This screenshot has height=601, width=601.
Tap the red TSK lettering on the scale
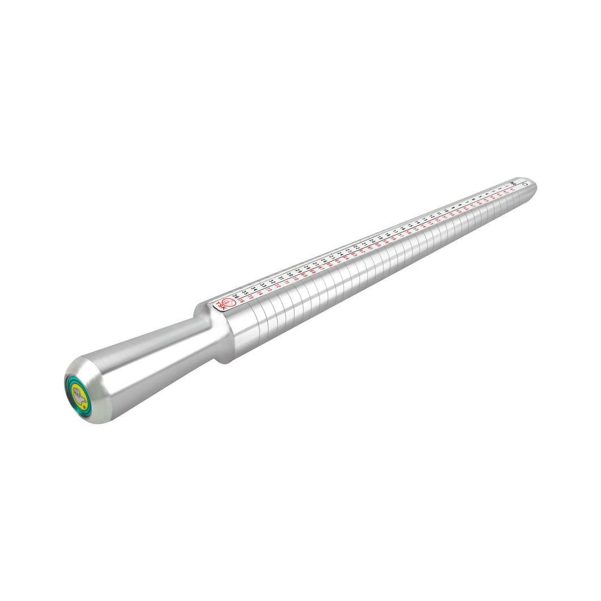pos(220,306)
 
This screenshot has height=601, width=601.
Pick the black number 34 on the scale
pos(254,289)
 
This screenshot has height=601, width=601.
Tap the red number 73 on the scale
pos(269,290)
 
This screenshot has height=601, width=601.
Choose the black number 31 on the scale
pos(280,277)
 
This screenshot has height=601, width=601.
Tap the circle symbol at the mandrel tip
pos(525,183)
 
